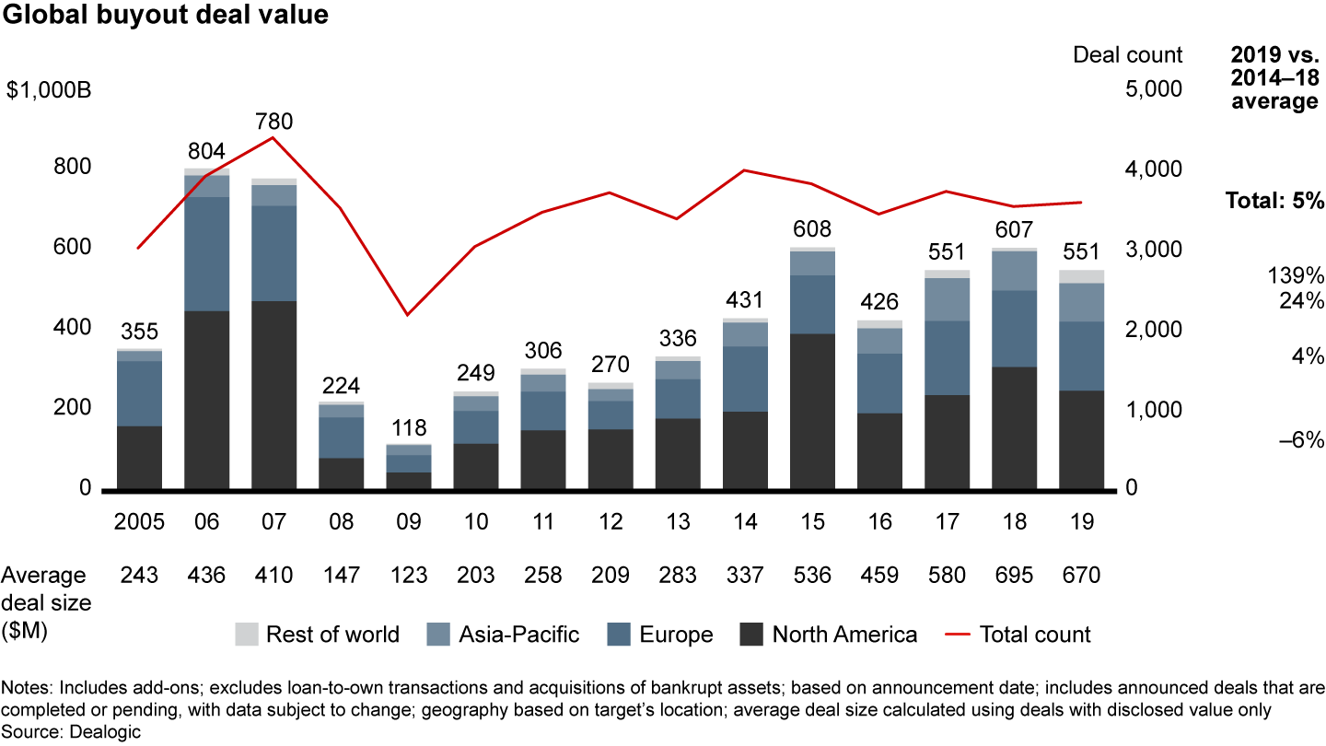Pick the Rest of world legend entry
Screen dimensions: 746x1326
317,634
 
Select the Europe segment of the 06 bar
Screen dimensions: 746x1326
206,253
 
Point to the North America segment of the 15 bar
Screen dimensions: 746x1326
812,410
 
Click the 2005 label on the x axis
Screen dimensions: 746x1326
139,522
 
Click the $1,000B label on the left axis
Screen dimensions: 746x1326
46,89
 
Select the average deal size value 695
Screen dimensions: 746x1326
1014,576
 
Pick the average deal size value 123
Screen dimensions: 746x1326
408,576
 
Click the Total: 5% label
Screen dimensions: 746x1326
1274,201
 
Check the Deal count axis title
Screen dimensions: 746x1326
1127,54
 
